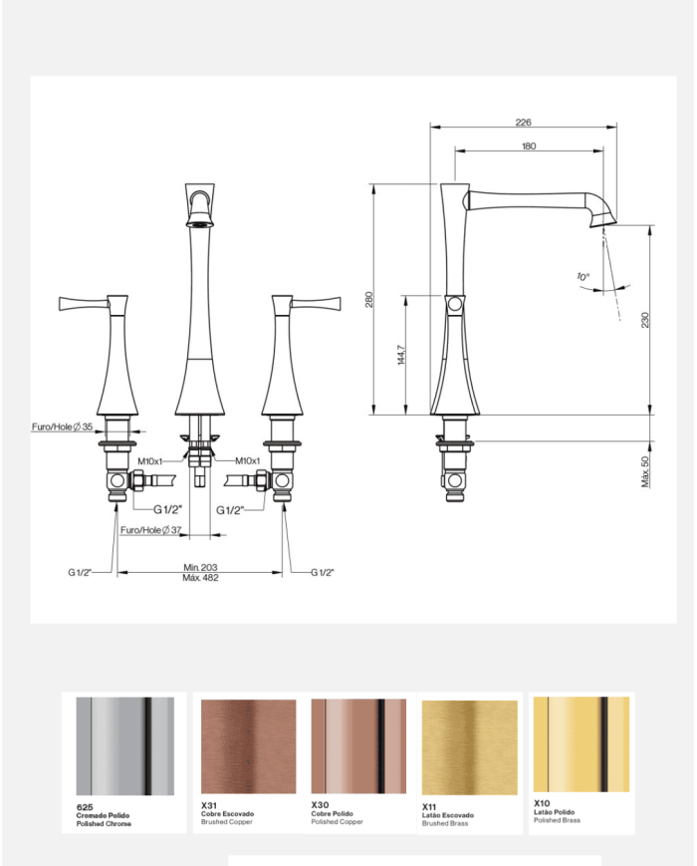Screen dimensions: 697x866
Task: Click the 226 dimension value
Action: pos(523,122)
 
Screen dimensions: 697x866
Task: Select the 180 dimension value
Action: pos(528,145)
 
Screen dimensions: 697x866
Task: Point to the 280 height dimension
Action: pos(368,299)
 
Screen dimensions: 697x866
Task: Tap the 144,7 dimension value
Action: pos(401,355)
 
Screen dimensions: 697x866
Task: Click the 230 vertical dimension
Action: pos(644,320)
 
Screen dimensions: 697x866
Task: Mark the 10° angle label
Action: pos(582,276)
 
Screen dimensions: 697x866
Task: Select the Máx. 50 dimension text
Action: pos(644,471)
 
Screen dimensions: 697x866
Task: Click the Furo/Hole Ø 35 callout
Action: pos(62,427)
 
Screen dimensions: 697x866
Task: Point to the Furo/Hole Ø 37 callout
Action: pos(150,529)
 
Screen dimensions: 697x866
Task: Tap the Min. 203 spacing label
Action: pos(200,567)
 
